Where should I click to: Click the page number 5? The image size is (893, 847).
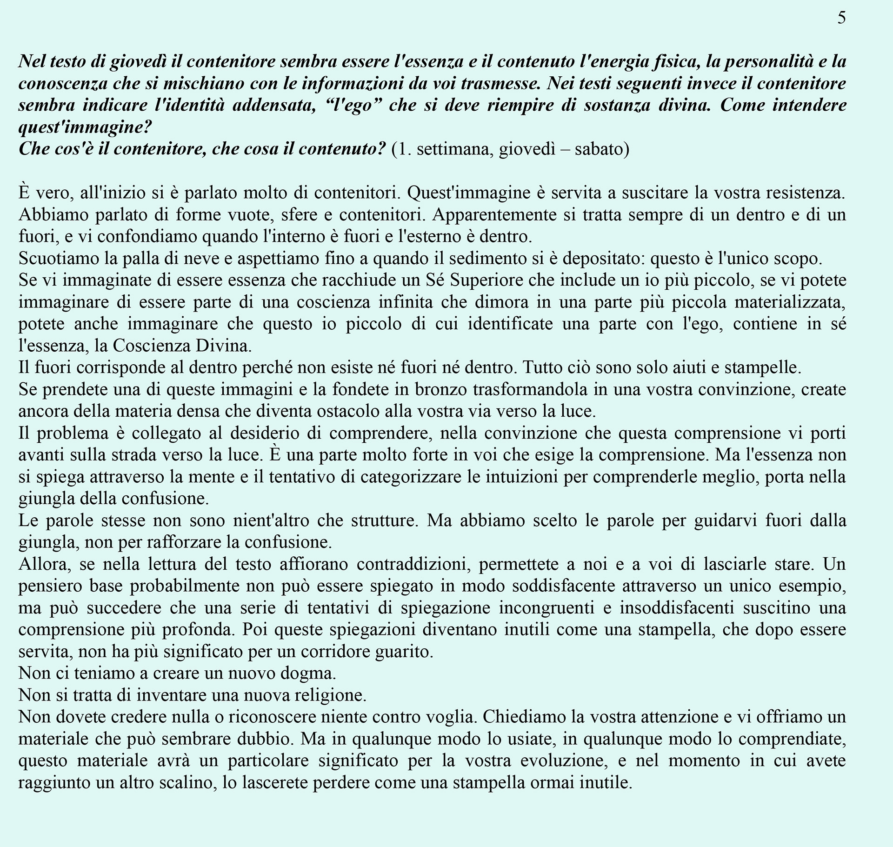click(x=842, y=18)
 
